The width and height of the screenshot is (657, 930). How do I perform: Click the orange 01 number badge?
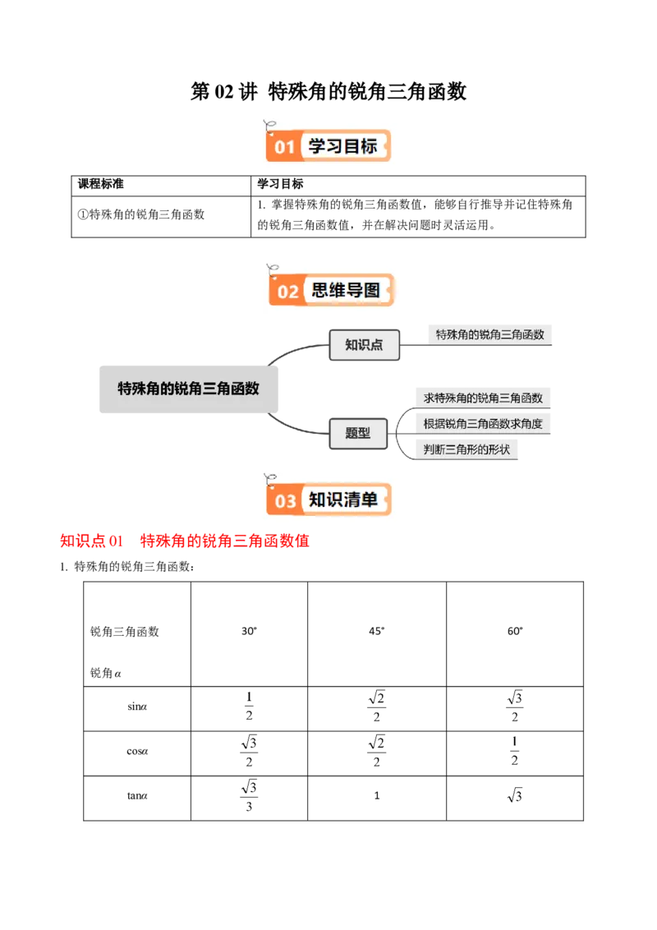click(284, 148)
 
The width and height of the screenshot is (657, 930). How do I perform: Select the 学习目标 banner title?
click(342, 146)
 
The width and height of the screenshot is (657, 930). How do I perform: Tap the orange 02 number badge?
click(287, 292)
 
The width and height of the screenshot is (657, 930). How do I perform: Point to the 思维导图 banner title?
click(346, 290)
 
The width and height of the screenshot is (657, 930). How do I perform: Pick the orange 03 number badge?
click(285, 501)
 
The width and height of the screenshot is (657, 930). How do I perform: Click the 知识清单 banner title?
click(342, 500)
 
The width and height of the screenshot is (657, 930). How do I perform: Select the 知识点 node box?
click(364, 345)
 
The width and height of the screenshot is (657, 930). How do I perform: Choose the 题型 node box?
click(358, 433)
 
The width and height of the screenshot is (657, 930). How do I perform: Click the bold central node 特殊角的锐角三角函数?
click(189, 388)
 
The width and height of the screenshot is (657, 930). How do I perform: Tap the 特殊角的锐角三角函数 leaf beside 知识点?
click(489, 334)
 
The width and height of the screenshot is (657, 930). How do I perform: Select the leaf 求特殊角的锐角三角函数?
click(483, 398)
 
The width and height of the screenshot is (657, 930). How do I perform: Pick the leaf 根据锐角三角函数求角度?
click(483, 424)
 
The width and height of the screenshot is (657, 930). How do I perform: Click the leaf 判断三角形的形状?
click(466, 449)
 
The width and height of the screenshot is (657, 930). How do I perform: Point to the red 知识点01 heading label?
click(91, 542)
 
